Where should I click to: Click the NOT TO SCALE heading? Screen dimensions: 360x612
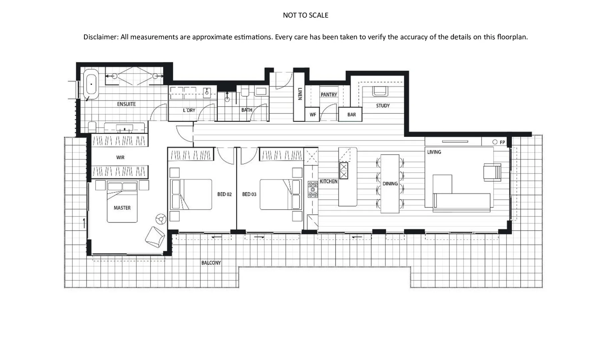[x=305, y=15]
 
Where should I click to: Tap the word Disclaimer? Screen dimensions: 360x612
[x=100, y=37]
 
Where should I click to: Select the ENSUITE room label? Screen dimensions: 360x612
[x=126, y=104]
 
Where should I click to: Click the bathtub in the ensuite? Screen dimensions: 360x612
[x=91, y=84]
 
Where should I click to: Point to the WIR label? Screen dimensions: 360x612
[x=120, y=157]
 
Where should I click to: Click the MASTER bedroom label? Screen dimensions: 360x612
[x=122, y=208]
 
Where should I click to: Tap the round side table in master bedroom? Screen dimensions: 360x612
[x=161, y=219]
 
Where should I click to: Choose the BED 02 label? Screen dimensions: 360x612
[x=224, y=194]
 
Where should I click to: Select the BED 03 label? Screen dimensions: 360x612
[x=249, y=194]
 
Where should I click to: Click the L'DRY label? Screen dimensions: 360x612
[x=189, y=110]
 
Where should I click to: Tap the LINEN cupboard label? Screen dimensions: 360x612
[x=299, y=94]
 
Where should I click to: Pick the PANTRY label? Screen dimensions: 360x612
[x=329, y=95]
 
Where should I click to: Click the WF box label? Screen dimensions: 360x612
[x=313, y=115]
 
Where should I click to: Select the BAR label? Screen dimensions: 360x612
[x=352, y=115]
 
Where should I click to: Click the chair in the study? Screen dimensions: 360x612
[x=380, y=91]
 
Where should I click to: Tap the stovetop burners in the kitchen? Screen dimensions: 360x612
[x=313, y=189]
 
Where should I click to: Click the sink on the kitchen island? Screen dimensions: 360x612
[x=343, y=171]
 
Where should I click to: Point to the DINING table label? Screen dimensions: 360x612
[x=390, y=184]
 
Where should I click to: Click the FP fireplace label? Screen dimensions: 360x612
[x=502, y=142]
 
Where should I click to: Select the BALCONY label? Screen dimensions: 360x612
[x=211, y=263]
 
